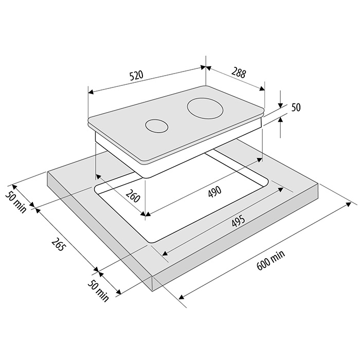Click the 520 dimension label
136,76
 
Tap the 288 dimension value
239,73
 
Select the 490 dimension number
214,191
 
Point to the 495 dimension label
238,221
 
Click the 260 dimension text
133,195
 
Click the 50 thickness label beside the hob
296,107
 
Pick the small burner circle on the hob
156,126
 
